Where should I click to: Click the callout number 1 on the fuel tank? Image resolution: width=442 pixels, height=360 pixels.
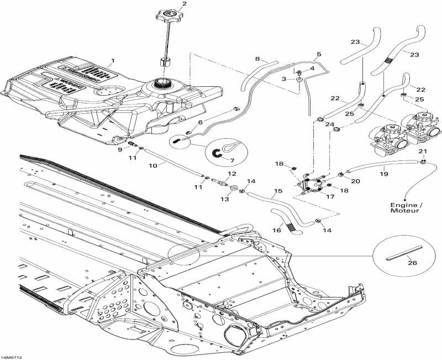113,59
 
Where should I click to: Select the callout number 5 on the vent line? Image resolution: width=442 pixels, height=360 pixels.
318,55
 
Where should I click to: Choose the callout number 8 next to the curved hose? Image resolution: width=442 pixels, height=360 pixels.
257,59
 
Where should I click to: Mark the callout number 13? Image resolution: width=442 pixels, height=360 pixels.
224,199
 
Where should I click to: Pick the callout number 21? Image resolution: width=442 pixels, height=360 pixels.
423,151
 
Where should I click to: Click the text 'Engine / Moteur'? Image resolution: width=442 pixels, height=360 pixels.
405,207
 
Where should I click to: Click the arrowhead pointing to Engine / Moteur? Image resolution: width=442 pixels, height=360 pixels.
407,200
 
